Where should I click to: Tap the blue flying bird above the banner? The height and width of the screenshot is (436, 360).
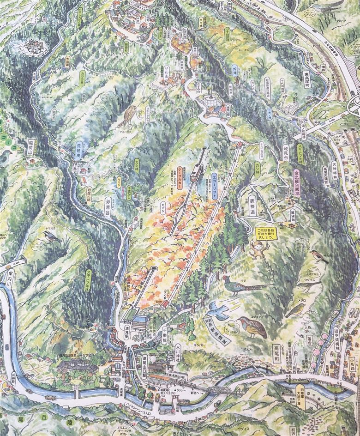pyautogui.click(x=221, y=309)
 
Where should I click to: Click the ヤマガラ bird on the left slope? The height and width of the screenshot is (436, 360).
pyautogui.click(x=52, y=237)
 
